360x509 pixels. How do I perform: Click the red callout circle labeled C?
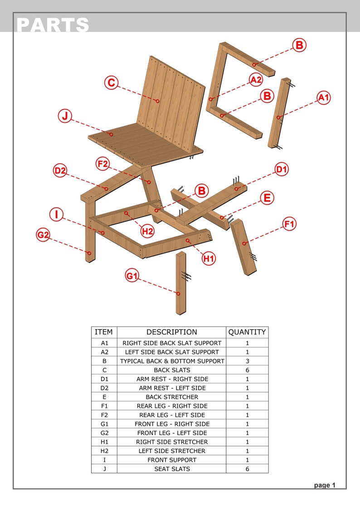coord(111,83)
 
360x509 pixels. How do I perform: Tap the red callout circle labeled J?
coord(65,116)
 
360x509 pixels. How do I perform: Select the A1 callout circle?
coord(323,97)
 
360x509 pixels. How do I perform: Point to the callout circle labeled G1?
coord(132,276)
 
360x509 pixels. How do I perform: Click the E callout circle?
coord(267,198)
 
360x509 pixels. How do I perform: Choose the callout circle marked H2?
coord(147,231)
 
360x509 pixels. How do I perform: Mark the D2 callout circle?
coord(60,171)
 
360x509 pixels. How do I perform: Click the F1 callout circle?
coord(289,224)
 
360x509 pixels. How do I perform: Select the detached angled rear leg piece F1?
coord(244,247)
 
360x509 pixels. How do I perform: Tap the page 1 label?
coord(325,485)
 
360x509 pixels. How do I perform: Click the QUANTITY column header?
coord(247,332)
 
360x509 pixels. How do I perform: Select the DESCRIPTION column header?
coord(171,332)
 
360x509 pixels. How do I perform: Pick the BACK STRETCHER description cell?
coord(171,397)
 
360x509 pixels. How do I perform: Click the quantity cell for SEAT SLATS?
coord(247,469)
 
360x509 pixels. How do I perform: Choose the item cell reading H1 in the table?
coord(104,442)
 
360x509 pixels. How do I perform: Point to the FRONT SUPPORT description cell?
coord(171,460)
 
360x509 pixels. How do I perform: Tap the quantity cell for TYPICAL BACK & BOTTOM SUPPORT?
coord(247,361)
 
